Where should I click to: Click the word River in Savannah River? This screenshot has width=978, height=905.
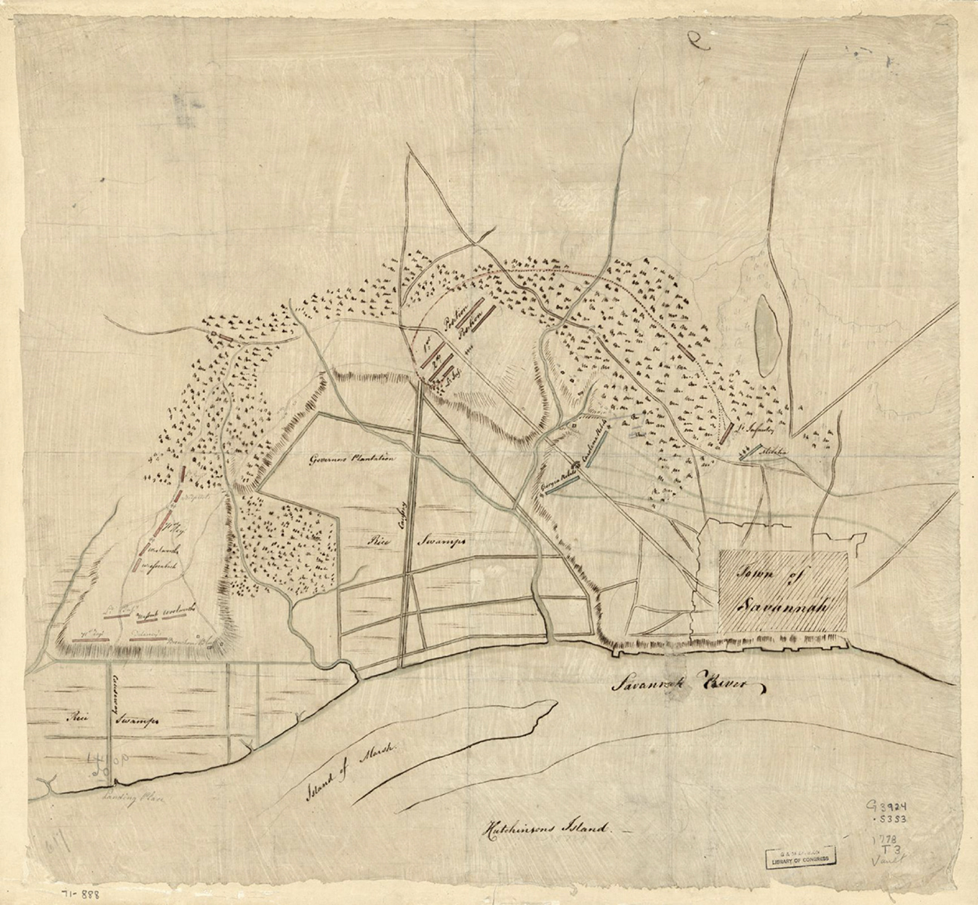click(733, 684)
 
